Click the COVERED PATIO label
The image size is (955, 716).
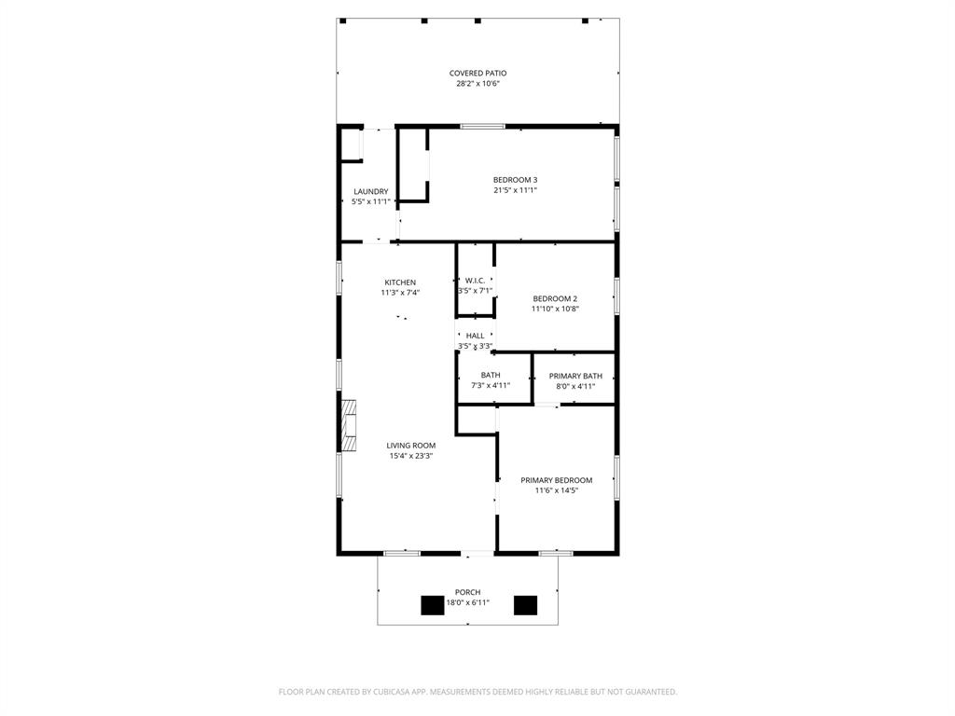477,73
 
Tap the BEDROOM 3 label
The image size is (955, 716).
515,180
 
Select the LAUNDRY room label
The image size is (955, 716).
370,192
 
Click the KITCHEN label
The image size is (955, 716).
400,282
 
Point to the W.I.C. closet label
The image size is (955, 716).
475,281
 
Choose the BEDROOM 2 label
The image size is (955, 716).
555,299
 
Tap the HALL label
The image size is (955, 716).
475,336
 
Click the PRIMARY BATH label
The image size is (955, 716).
575,376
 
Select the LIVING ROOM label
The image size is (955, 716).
411,446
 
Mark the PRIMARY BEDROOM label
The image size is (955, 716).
556,480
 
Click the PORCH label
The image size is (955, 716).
467,592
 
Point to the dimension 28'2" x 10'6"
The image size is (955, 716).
477,84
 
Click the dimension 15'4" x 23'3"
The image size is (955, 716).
411,456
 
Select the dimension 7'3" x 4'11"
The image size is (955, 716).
491,386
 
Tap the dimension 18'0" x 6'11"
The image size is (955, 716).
467,602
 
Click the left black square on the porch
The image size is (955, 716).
433,606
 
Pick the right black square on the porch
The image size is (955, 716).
526,606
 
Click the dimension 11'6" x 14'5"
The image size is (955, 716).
556,490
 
